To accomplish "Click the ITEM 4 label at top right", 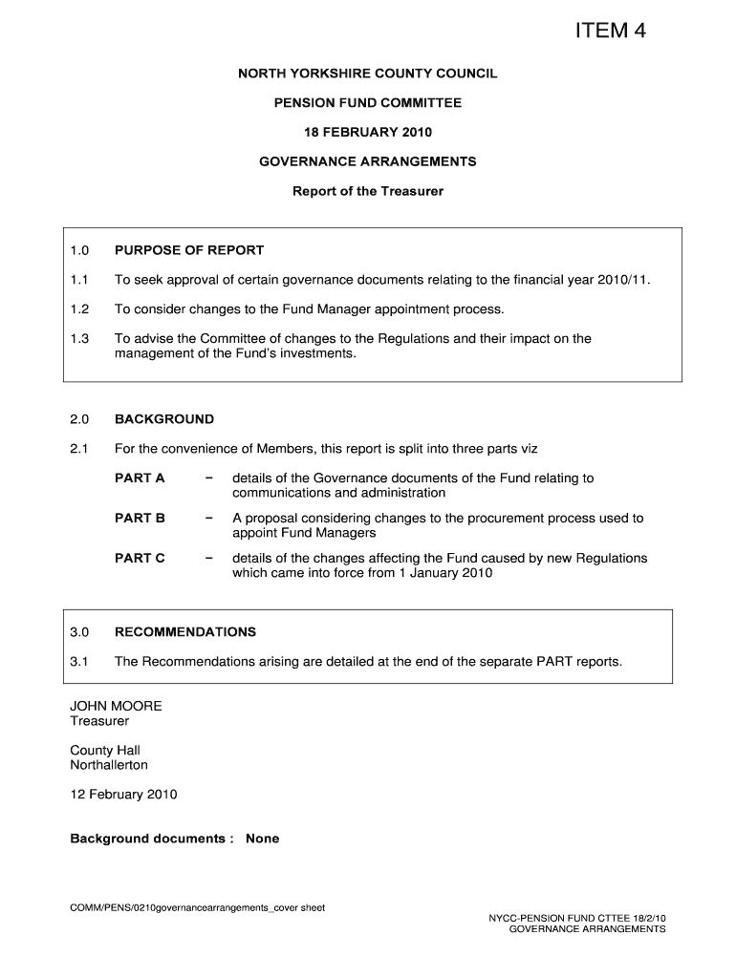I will pyautogui.click(x=610, y=32).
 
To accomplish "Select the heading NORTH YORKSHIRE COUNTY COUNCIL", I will pyautogui.click(x=368, y=73).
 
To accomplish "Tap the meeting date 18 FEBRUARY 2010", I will pyautogui.click(x=368, y=132).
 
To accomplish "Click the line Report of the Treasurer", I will pyautogui.click(x=368, y=191).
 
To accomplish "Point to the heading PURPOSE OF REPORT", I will pyautogui.click(x=189, y=250).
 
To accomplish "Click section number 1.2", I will pyautogui.click(x=79, y=309).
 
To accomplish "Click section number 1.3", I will pyautogui.click(x=79, y=338).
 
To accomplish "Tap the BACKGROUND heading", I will pyautogui.click(x=164, y=418).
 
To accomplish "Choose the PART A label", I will pyautogui.click(x=140, y=478).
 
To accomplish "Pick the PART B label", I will pyautogui.click(x=140, y=518).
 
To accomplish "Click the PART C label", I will pyautogui.click(x=140, y=558).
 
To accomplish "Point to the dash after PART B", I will pyautogui.click(x=208, y=518).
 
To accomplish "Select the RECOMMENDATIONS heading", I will pyautogui.click(x=185, y=631).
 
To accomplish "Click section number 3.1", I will pyautogui.click(x=79, y=661).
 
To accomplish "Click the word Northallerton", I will pyautogui.click(x=109, y=765).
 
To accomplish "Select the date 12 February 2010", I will pyautogui.click(x=123, y=795).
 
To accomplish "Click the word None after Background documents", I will pyautogui.click(x=262, y=839).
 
